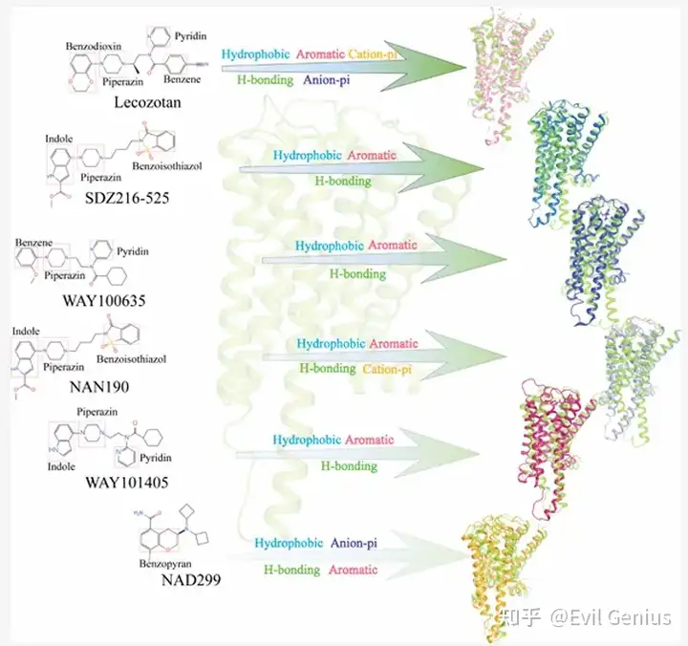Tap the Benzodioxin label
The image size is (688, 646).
coord(95,46)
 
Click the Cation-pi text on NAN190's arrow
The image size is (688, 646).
coord(387,367)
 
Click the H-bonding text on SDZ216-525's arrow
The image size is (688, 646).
coord(342,181)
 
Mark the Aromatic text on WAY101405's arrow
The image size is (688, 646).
coord(369,441)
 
